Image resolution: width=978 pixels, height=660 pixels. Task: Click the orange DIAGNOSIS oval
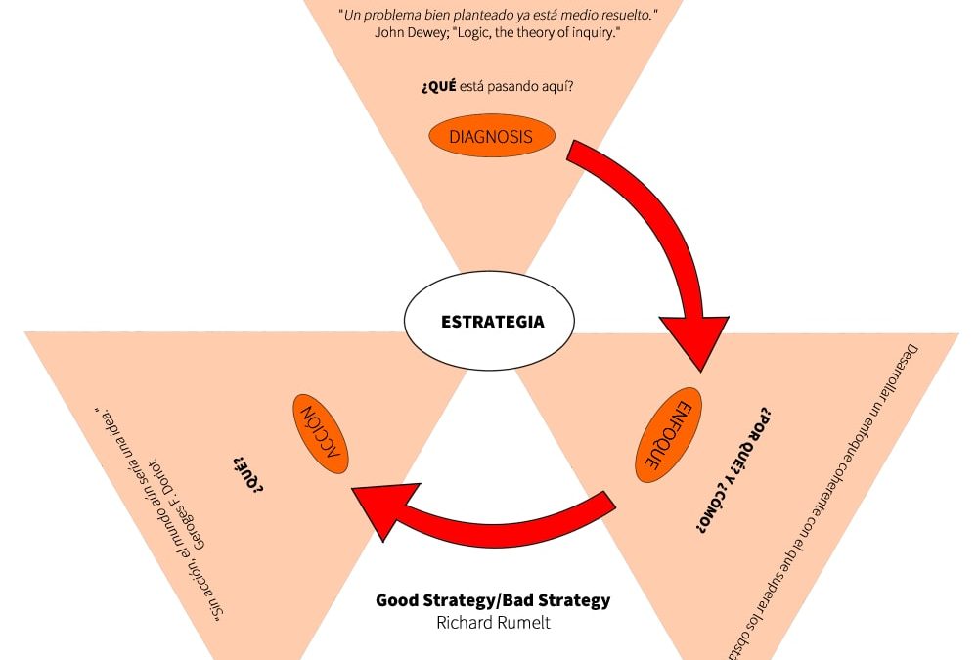(x=492, y=137)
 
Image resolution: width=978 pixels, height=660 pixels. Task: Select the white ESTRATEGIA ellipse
(x=490, y=322)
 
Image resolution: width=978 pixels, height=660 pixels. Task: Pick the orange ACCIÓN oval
(x=322, y=434)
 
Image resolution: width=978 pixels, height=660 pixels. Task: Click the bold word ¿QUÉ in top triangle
(x=438, y=87)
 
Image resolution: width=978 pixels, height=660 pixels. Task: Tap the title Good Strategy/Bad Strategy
(x=492, y=599)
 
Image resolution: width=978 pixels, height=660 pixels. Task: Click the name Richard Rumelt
(x=492, y=622)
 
